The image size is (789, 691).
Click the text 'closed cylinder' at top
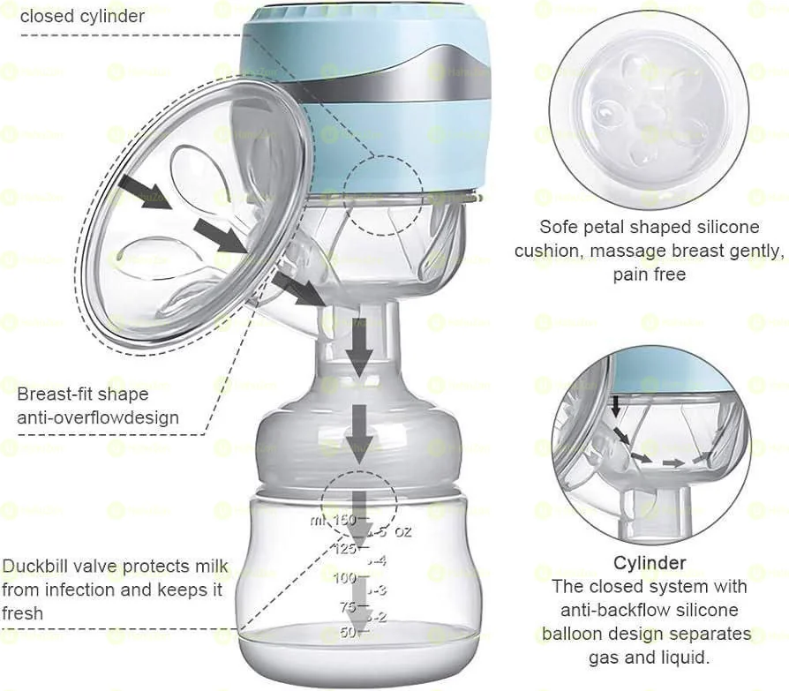tap(82, 16)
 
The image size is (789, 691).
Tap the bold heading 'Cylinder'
tap(650, 563)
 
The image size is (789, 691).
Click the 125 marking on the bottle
tap(345, 549)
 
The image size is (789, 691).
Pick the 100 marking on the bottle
tap(345, 578)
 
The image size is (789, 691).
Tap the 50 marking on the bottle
tap(347, 632)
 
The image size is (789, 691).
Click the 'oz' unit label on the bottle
tap(402, 532)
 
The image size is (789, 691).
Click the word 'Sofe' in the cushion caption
tap(560, 227)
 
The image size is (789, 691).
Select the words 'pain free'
tap(649, 274)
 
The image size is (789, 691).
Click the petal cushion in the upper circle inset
tap(649, 110)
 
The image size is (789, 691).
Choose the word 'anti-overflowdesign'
tap(98, 417)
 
